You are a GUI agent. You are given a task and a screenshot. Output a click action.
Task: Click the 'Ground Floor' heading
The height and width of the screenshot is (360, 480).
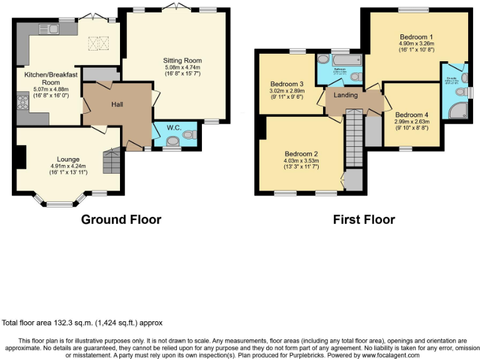click(121, 219)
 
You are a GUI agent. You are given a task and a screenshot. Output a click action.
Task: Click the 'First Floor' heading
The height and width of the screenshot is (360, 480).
click(363, 219)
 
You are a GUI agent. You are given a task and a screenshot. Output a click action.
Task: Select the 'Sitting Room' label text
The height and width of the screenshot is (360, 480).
click(183, 61)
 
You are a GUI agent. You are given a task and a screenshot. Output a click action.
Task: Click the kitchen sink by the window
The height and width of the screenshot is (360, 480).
click(47, 28)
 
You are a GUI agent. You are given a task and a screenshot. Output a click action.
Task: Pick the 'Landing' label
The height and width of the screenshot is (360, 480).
click(346, 95)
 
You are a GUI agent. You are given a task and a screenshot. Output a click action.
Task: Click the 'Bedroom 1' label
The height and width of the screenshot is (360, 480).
click(416, 37)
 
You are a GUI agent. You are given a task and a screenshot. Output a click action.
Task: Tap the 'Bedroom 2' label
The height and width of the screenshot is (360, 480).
click(302, 154)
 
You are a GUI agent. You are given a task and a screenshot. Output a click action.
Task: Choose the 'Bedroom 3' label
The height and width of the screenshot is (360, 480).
click(287, 84)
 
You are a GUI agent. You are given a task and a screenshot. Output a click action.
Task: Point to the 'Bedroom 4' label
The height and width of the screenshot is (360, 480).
click(412, 114)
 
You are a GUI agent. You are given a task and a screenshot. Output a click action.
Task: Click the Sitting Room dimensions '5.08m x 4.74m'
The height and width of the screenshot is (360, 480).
click(183, 67)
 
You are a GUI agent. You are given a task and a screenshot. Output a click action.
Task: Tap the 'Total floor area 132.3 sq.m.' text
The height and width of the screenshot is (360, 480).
click(82, 323)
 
